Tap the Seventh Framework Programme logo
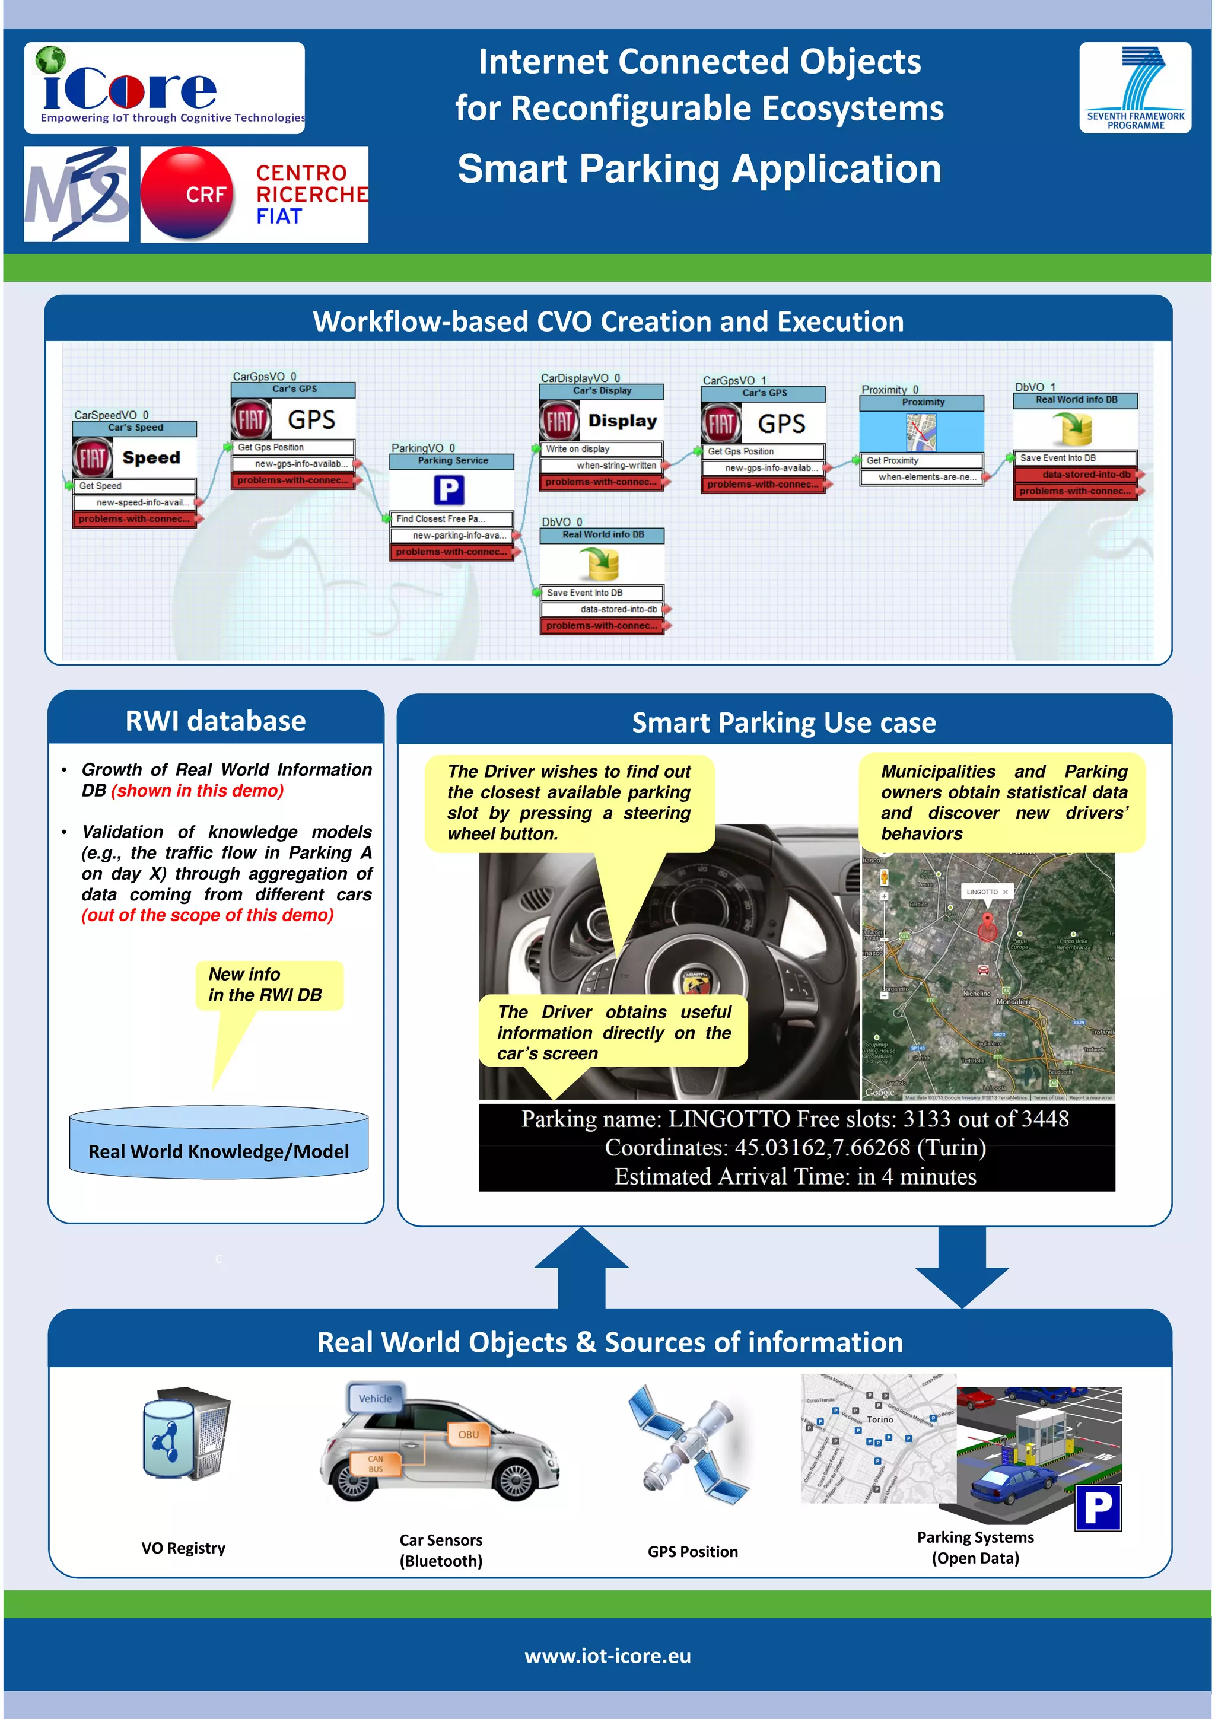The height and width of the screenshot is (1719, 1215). [1134, 88]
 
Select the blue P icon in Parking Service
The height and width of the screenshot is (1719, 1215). [449, 491]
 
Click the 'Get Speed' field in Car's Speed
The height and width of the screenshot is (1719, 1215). [135, 486]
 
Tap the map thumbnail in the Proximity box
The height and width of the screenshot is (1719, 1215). [921, 431]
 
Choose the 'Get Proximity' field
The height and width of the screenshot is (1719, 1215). [921, 460]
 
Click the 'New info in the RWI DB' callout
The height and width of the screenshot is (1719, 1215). [268, 985]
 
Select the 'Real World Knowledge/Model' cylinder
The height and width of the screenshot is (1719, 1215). [218, 1142]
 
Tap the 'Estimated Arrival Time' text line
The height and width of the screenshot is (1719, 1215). [796, 1177]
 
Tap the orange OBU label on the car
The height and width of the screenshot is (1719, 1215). [468, 1434]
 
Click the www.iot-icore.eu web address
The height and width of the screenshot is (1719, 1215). [607, 1656]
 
